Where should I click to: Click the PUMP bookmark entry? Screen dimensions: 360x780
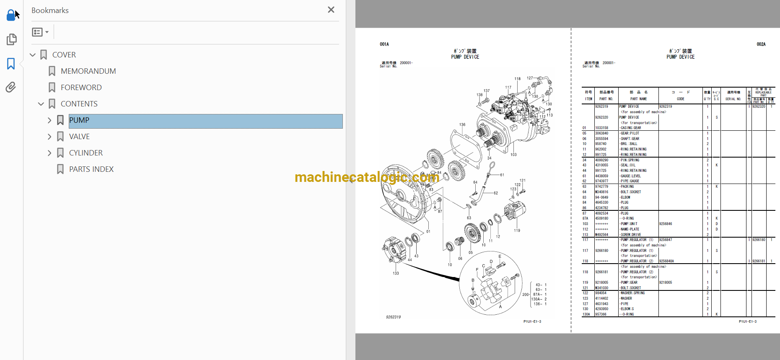tap(79, 121)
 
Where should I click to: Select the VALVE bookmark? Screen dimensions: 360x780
tap(79, 137)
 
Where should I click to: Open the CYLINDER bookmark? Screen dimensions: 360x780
tap(86, 153)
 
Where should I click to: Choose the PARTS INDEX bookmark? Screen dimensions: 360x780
tap(91, 169)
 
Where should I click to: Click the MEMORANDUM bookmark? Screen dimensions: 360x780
tap(88, 71)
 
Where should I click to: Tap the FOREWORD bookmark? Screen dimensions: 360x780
tap(81, 88)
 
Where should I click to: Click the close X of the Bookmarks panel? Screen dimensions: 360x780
tap(331, 10)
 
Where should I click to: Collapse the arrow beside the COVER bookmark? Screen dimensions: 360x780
tap(33, 55)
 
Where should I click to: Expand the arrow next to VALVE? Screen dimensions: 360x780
tap(49, 137)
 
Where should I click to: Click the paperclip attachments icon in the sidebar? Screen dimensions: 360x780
tap(11, 87)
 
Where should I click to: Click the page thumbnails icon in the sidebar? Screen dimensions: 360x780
tap(11, 39)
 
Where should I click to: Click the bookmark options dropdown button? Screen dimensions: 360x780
tap(40, 32)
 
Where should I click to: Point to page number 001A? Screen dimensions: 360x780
tap(384, 44)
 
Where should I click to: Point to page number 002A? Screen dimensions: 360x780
tap(761, 44)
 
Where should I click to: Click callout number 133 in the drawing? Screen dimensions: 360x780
tap(396, 273)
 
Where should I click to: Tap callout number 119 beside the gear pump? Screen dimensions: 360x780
tap(517, 231)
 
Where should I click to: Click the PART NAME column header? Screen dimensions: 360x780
tap(638, 99)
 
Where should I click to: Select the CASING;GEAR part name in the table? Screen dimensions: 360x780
tap(631, 128)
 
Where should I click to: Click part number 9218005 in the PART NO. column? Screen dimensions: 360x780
tap(601, 282)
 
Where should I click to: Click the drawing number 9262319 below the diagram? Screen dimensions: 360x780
tap(393, 317)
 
